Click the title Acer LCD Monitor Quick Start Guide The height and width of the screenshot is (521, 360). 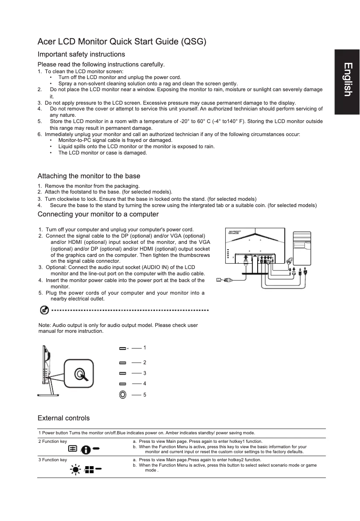(x=122, y=42)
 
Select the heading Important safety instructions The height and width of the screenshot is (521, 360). (x=81, y=54)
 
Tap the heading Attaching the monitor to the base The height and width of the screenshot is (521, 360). (x=89, y=176)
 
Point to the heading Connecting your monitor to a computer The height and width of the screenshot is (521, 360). (x=98, y=214)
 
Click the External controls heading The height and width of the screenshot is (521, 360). (x=63, y=418)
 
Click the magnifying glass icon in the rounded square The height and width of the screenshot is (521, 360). (x=79, y=375)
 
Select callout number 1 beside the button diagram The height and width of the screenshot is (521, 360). (x=145, y=348)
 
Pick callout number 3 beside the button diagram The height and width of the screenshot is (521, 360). (x=145, y=373)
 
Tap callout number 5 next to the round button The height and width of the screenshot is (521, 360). (x=145, y=395)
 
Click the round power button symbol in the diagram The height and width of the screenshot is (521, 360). (x=123, y=395)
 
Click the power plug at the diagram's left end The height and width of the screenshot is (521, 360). (x=224, y=279)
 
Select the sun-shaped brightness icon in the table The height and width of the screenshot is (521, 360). (x=75, y=470)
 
